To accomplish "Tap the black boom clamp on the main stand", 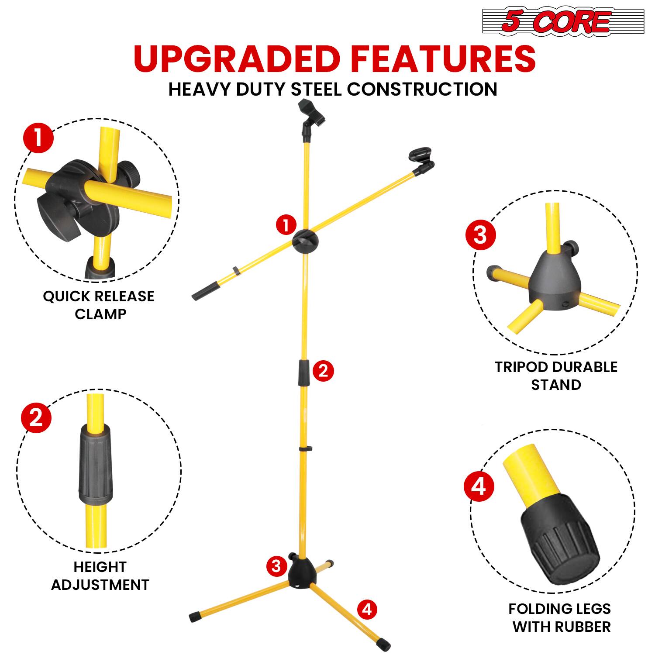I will coord(305,241).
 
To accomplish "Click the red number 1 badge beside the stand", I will coord(286,226).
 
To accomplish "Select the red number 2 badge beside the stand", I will coord(323,371).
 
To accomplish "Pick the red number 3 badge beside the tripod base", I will coord(276,566).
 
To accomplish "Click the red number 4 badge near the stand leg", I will coord(367,609).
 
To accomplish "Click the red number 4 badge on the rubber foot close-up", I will coord(479,486).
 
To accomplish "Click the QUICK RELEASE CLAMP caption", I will coord(99,305).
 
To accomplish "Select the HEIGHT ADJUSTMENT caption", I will coord(100,576).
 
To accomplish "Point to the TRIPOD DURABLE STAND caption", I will coord(555,376).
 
